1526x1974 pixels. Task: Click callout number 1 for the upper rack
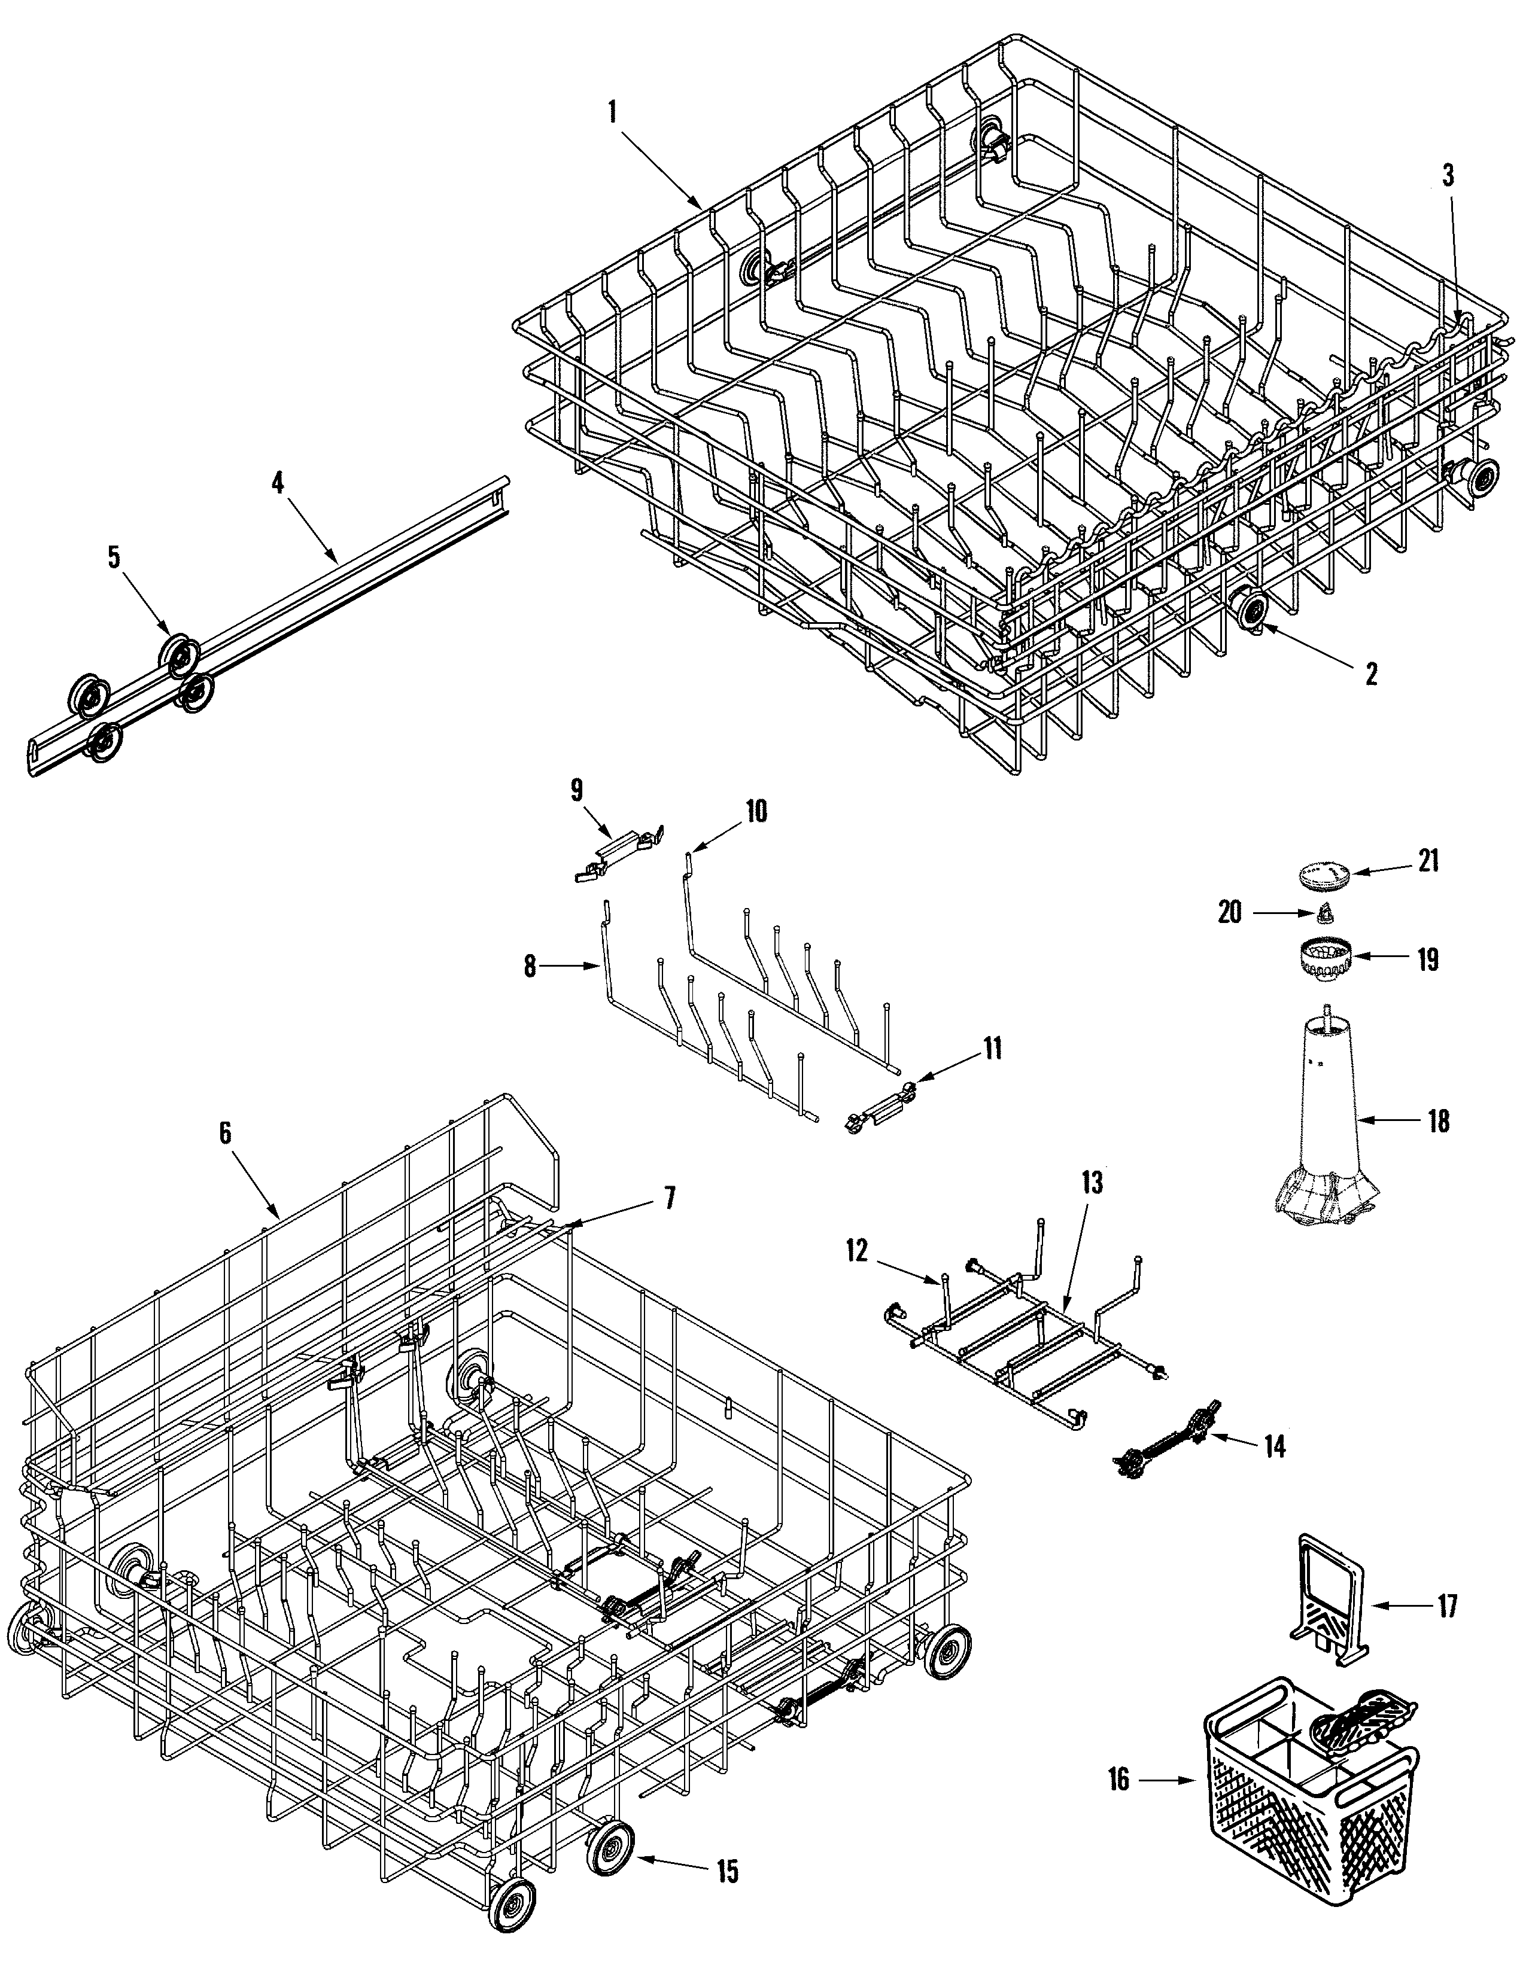pos(613,112)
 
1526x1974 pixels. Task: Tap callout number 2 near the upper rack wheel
pos(1372,674)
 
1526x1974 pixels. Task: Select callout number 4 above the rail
pos(278,482)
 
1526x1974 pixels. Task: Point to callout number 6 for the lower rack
pos(224,1132)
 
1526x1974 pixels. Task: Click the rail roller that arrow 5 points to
pos(180,656)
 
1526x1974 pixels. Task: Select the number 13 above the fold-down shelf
pos(1092,1183)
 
